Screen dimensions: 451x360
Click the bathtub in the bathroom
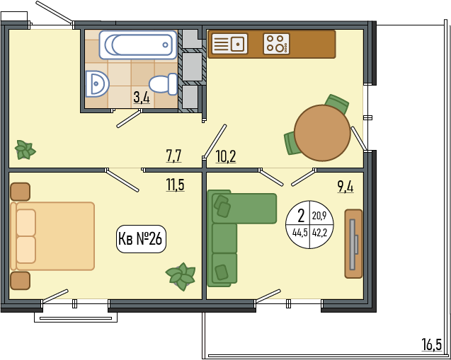click(x=138, y=45)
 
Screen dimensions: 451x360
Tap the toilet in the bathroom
click(x=163, y=84)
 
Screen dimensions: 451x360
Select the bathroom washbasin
click(x=96, y=84)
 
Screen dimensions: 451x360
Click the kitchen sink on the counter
click(x=229, y=44)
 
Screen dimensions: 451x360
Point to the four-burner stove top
click(x=276, y=44)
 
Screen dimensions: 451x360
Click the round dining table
click(x=322, y=133)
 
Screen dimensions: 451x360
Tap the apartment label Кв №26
click(x=141, y=239)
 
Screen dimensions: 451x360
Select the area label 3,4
click(x=142, y=98)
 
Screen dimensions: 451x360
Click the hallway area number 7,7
click(x=173, y=156)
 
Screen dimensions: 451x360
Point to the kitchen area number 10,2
click(x=226, y=157)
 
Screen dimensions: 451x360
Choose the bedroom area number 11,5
click(x=175, y=185)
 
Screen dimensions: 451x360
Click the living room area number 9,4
click(x=346, y=187)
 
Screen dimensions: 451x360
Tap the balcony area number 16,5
click(x=431, y=344)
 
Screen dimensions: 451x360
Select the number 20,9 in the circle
click(x=319, y=215)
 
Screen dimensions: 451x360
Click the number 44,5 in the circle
click(x=300, y=233)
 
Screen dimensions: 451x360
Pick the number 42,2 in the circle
click(x=319, y=233)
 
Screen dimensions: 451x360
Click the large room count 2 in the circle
click(x=301, y=216)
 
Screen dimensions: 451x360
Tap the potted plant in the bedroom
click(x=181, y=276)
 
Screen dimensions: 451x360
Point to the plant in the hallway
click(x=25, y=150)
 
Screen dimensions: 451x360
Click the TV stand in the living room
click(x=353, y=243)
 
